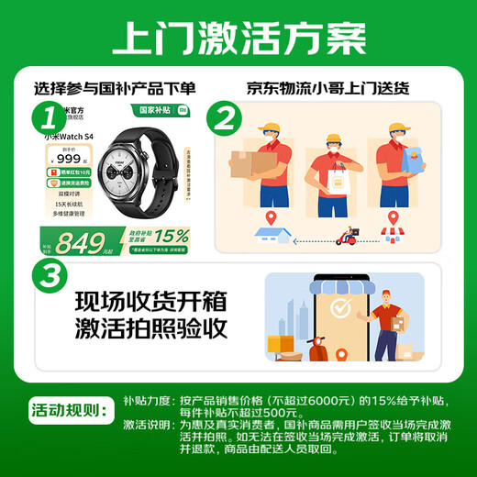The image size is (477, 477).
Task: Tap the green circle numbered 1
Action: click(x=54, y=116)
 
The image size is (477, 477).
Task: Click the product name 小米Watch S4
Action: click(x=71, y=136)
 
